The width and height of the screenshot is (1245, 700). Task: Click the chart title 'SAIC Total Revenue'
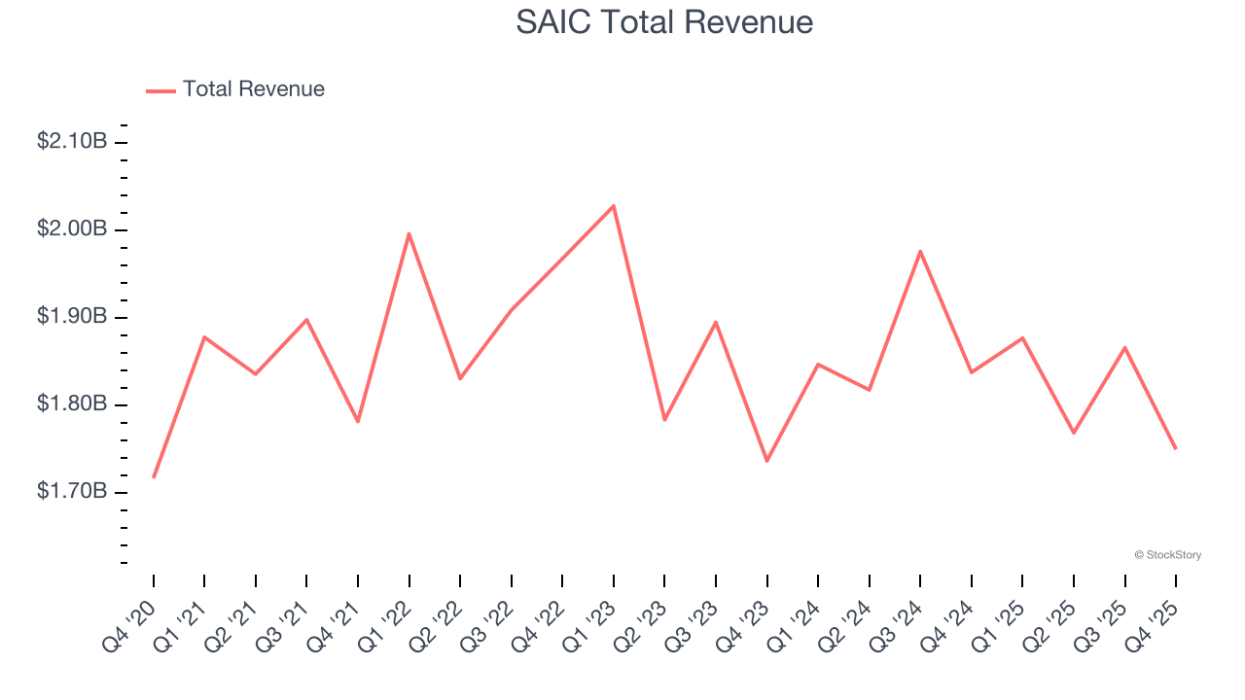point(664,21)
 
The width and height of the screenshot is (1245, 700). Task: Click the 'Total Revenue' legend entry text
point(253,89)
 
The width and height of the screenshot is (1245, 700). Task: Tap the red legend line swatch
point(160,90)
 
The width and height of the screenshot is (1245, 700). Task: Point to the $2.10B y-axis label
point(72,141)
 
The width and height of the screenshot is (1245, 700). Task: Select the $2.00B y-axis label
point(72,228)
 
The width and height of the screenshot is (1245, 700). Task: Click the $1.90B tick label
point(72,316)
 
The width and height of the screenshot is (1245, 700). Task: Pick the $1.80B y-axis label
point(72,403)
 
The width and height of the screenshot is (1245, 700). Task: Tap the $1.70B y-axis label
point(72,491)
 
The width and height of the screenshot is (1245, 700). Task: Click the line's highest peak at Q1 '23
point(614,206)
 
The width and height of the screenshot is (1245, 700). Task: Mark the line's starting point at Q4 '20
point(154,477)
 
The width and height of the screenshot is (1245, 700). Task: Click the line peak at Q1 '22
point(409,233)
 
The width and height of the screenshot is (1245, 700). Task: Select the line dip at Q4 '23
point(766,461)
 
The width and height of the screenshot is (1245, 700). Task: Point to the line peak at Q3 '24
point(920,251)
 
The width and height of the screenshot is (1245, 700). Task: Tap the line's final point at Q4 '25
point(1176,448)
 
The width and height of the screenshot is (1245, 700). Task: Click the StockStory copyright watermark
point(1167,555)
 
